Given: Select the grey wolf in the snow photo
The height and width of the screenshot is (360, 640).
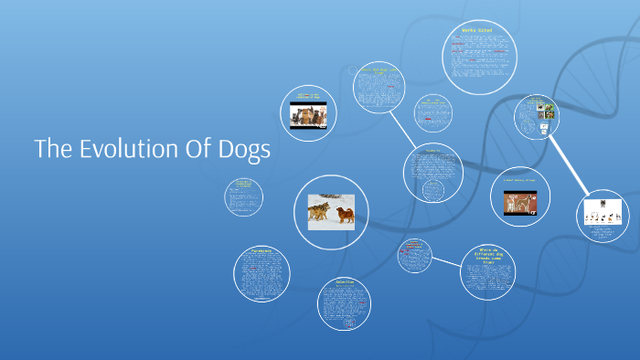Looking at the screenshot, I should tap(321, 212).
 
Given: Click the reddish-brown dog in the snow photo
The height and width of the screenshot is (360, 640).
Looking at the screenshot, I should tap(345, 215).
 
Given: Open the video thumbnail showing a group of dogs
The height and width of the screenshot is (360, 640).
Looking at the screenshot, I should tap(308, 115).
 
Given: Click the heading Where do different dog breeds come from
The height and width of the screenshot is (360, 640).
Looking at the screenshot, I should tap(485, 253).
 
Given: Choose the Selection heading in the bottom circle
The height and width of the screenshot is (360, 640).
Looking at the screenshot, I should tap(344, 283).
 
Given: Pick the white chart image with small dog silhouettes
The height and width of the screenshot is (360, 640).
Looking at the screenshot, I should tap(605, 211).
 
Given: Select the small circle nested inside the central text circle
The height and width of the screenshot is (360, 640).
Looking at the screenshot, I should tap(433, 190).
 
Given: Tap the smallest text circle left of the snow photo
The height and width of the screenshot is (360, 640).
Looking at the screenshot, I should tap(243, 196).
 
